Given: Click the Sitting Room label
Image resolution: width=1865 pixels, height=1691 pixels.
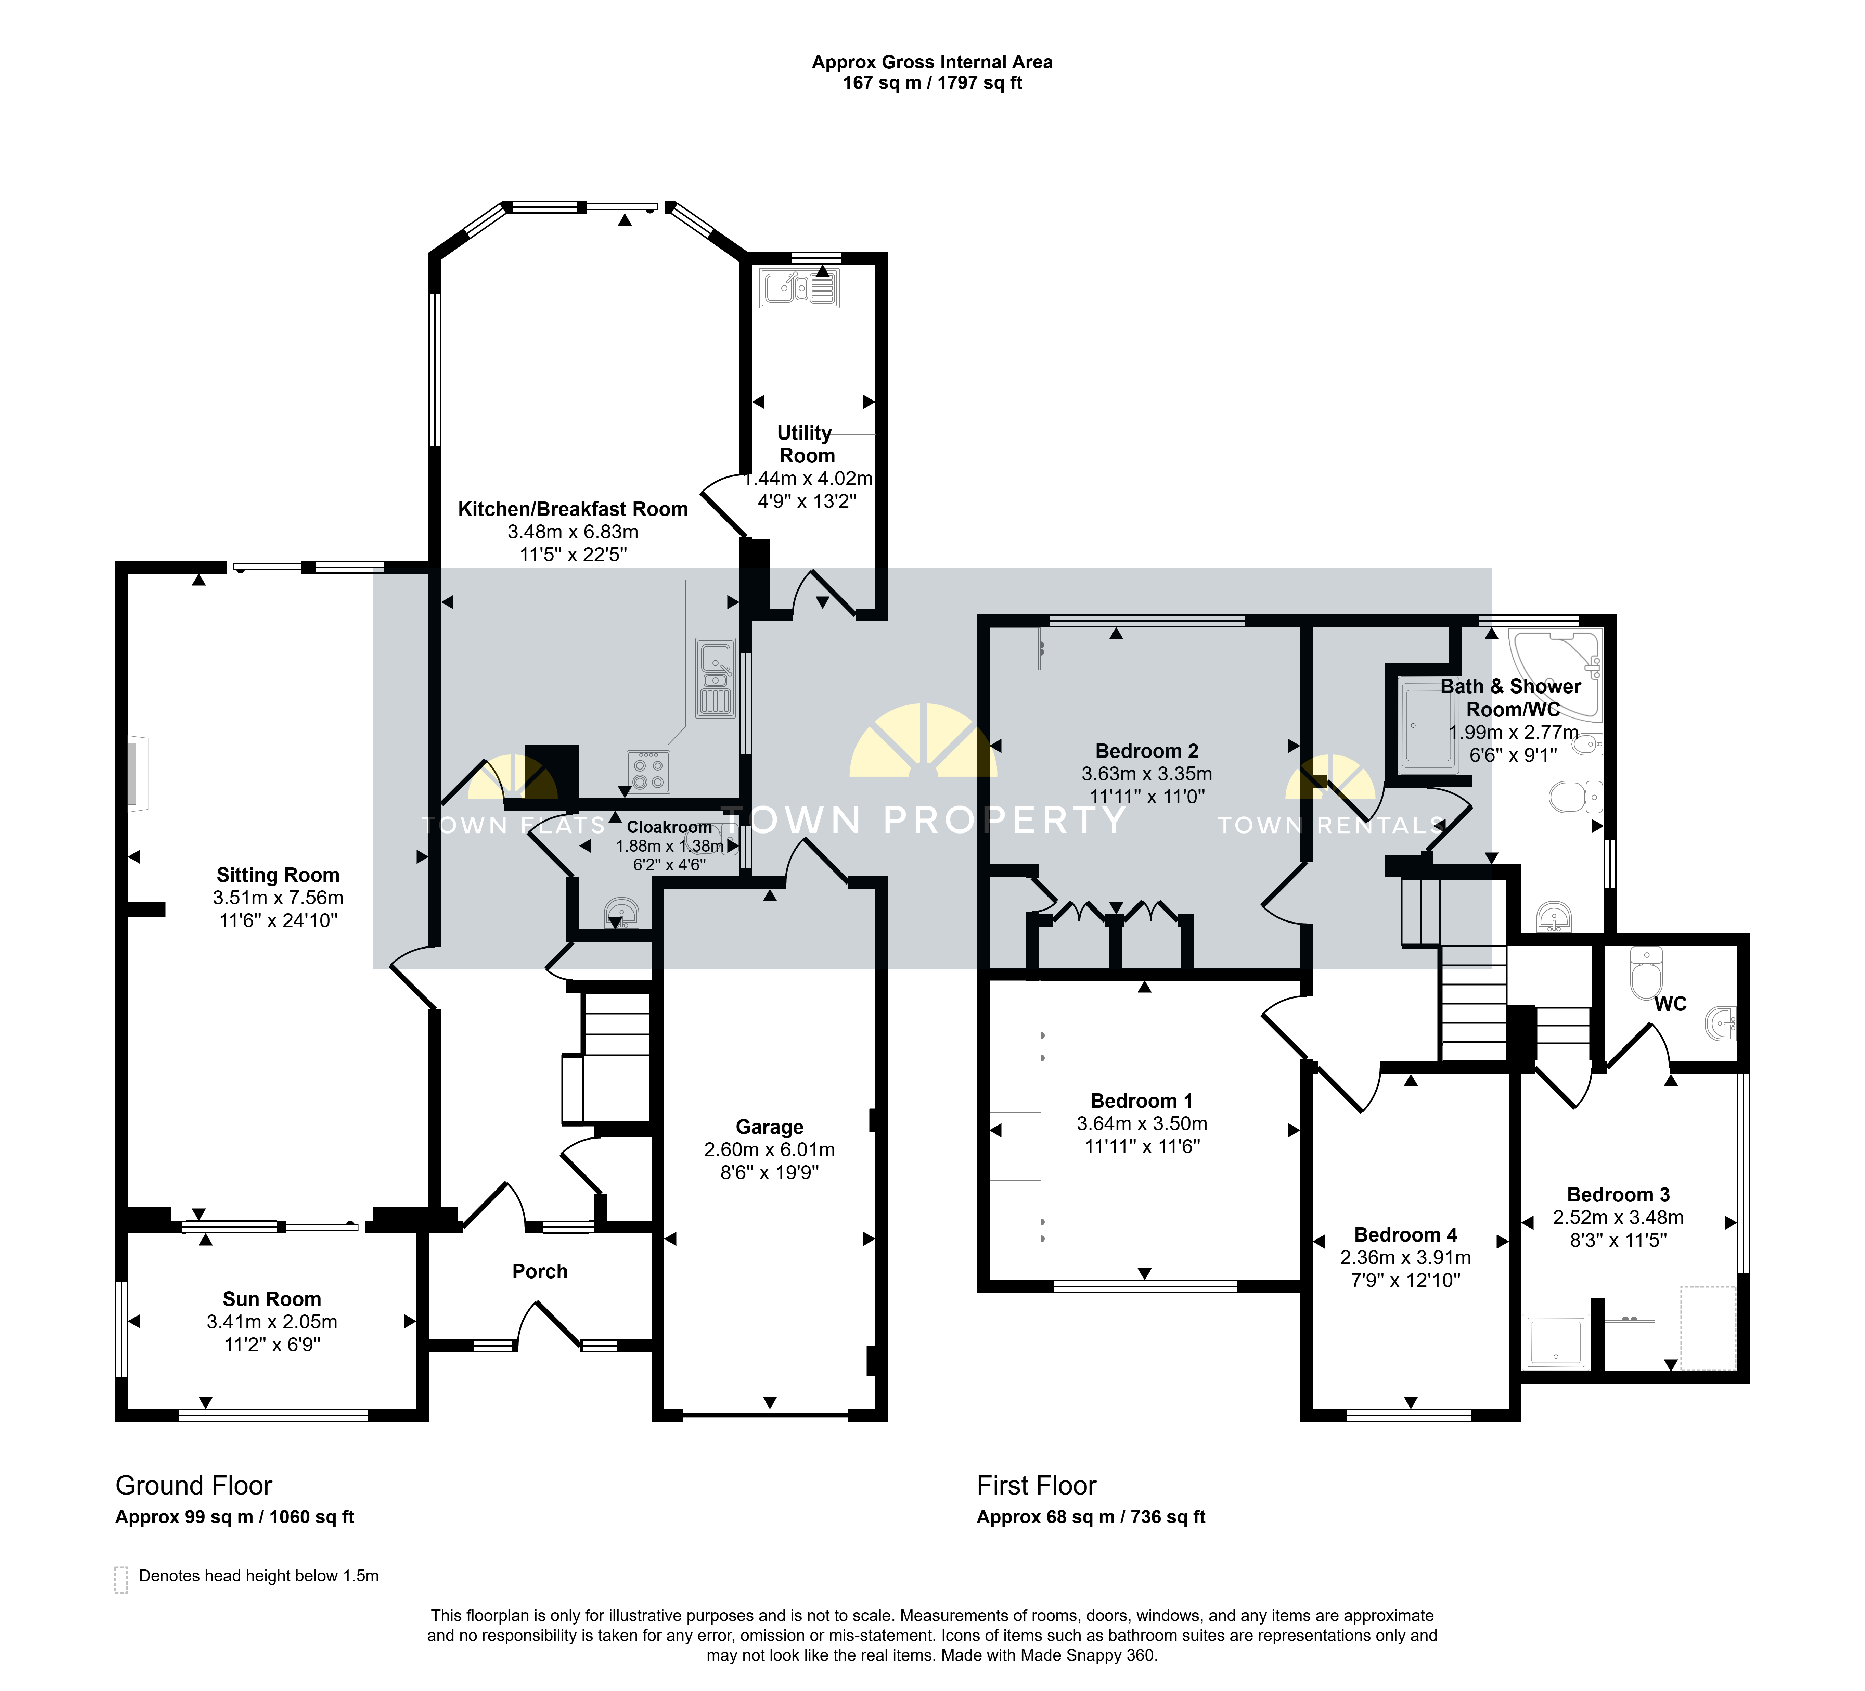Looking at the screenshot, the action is (x=278, y=875).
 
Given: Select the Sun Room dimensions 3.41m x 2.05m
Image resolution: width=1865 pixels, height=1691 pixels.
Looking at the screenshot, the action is (x=272, y=1322).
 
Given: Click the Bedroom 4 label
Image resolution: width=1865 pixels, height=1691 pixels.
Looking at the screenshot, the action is (x=1405, y=1235).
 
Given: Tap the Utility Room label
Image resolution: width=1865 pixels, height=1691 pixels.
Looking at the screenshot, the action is (x=806, y=444).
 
